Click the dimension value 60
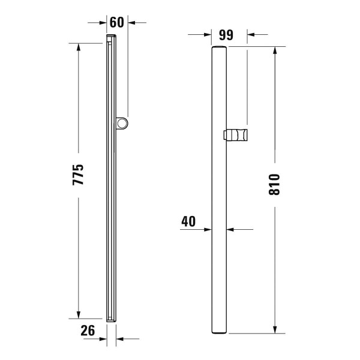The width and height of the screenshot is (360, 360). click(x=117, y=23)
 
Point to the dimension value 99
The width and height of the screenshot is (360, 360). click(x=226, y=34)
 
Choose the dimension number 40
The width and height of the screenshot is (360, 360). click(x=188, y=221)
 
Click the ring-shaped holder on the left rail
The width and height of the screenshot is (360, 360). click(x=123, y=124)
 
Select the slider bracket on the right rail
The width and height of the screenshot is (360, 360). click(x=236, y=135)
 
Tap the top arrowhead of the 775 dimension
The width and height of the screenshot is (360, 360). click(x=79, y=47)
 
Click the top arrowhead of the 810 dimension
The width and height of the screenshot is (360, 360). click(x=275, y=50)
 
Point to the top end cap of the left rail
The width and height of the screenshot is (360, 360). click(x=111, y=38)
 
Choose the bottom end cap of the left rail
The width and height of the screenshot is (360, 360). click(x=111, y=320)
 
